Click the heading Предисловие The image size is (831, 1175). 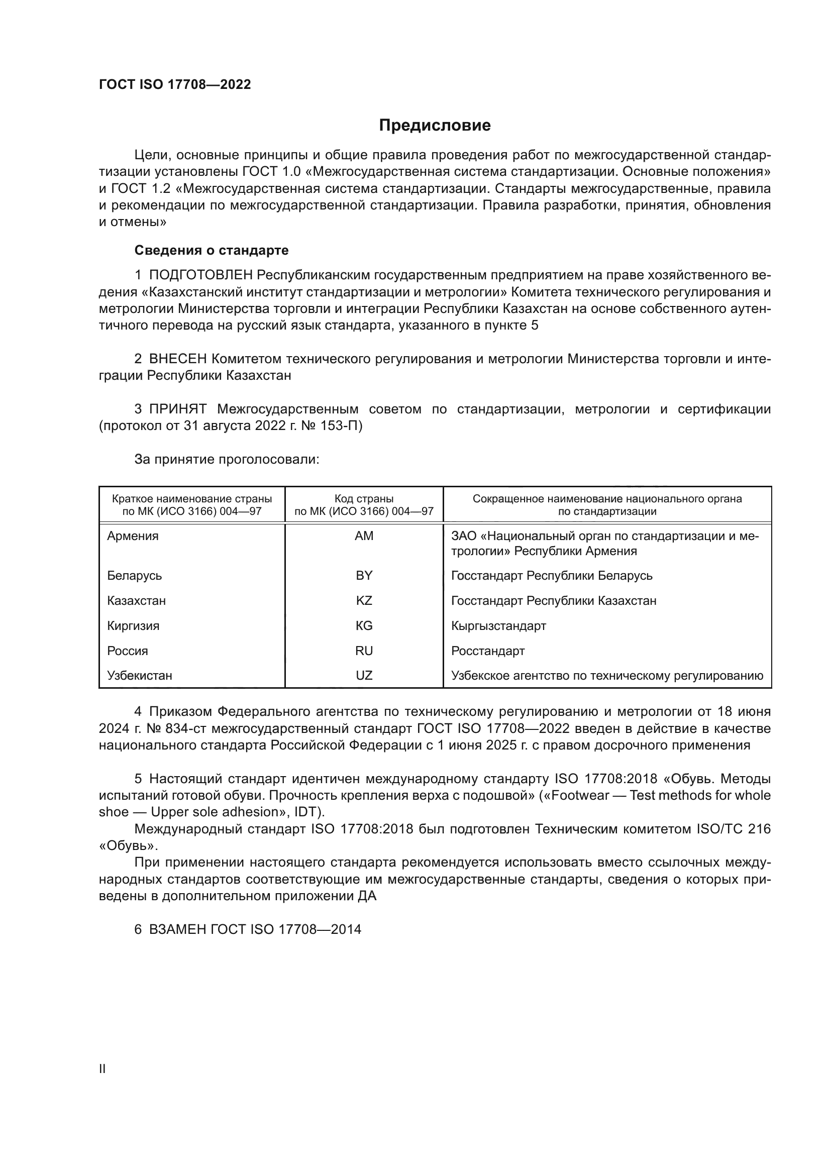pos(435,126)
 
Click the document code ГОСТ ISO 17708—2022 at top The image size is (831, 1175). pos(175,84)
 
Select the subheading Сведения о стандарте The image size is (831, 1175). pos(212,250)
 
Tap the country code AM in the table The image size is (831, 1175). pos(364,536)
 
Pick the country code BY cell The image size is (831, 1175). pos(364,575)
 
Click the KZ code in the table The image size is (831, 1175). pos(364,600)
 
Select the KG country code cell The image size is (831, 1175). pos(364,625)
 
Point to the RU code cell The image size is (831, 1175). pos(364,651)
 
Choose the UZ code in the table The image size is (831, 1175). pos(364,675)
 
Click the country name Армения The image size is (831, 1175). pos(133,536)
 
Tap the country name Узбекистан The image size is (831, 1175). pos(140,675)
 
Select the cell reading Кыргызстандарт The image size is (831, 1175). pos(498,625)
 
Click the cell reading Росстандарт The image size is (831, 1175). pos(488,651)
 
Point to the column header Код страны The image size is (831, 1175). pos(364,498)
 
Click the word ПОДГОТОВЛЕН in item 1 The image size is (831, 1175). pos(200,275)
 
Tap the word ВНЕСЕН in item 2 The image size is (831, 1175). pos(177,359)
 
